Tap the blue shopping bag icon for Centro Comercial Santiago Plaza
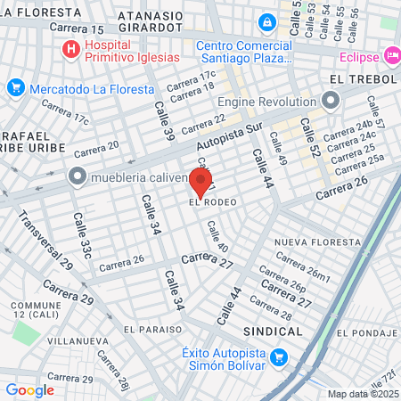point(266,22)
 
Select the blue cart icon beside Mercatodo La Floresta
point(15,87)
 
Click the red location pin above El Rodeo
point(200,183)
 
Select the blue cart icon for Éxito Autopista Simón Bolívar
point(279,358)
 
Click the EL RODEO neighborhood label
point(213,202)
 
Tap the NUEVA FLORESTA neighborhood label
point(308,242)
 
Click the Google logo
point(29,389)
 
